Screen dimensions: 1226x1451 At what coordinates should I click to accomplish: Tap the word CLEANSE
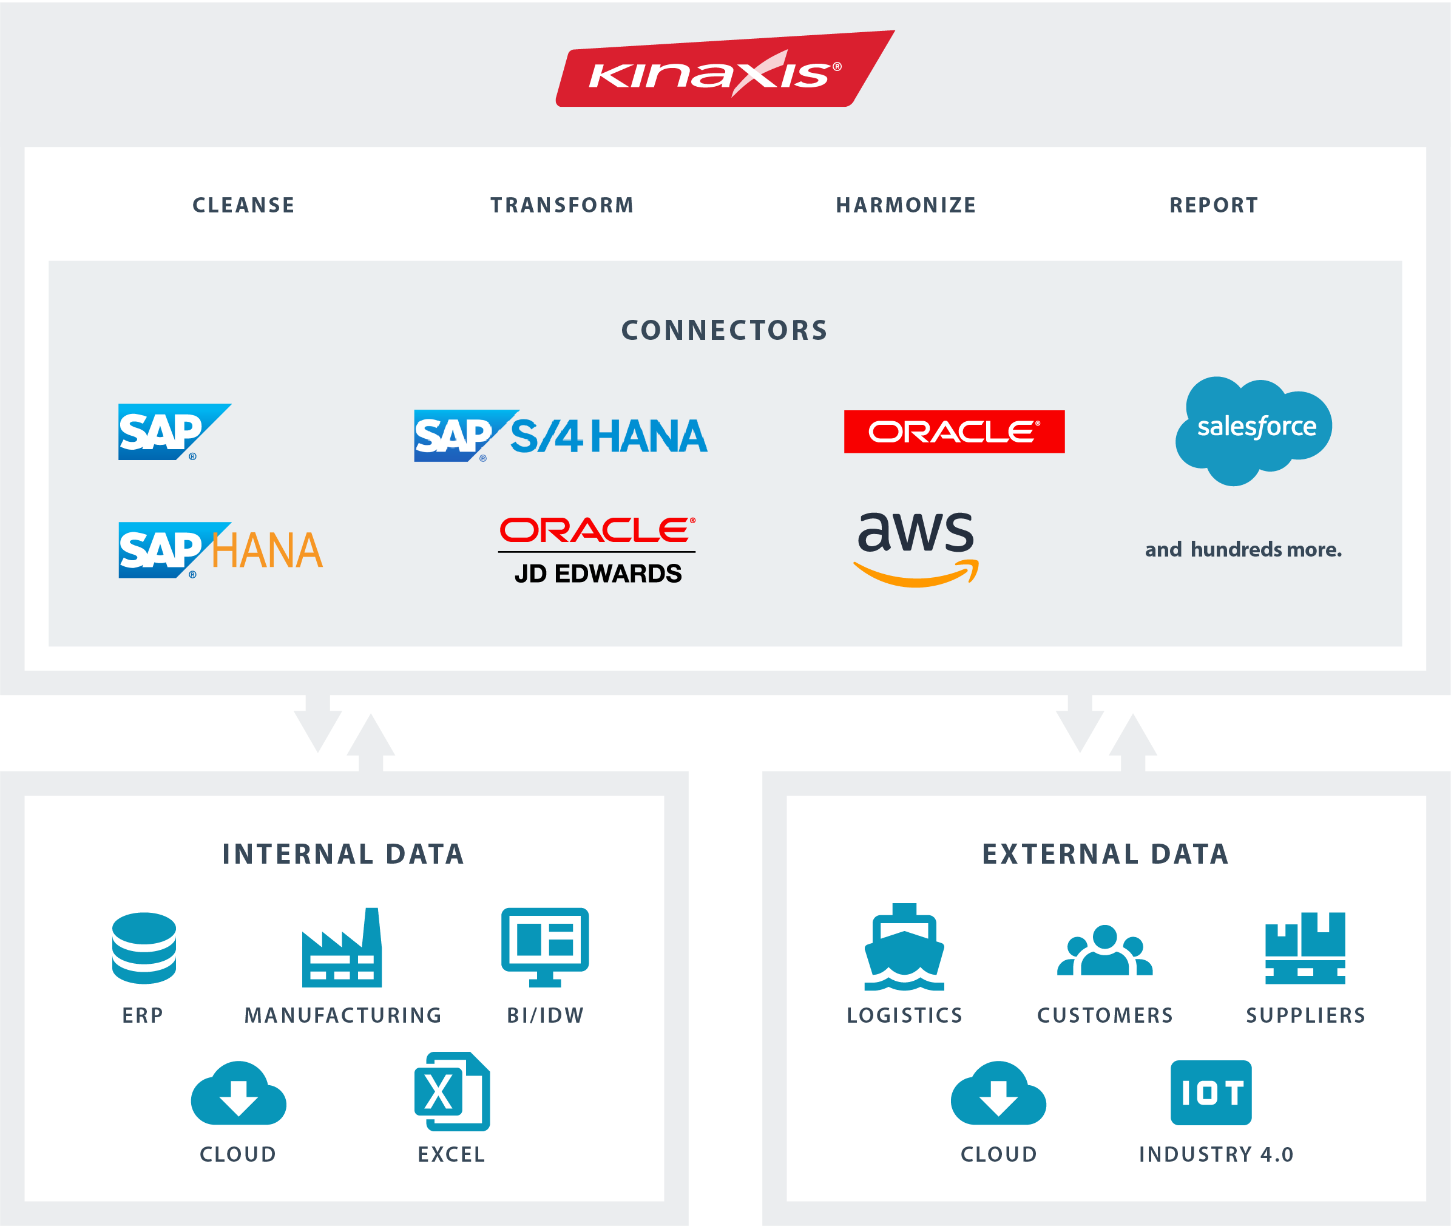pyautogui.click(x=243, y=205)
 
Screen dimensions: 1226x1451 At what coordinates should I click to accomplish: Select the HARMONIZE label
pyautogui.click(x=905, y=205)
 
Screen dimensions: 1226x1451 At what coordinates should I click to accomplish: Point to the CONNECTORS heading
pyautogui.click(x=724, y=330)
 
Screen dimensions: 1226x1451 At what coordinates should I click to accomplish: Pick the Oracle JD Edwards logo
pyautogui.click(x=597, y=550)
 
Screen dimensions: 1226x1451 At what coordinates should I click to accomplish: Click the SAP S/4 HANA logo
pyautogui.click(x=560, y=436)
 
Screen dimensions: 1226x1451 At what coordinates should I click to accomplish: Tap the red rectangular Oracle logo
pyautogui.click(x=953, y=432)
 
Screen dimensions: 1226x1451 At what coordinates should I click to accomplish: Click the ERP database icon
pyautogui.click(x=144, y=948)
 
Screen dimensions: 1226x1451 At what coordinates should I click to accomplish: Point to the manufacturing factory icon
pyautogui.click(x=342, y=948)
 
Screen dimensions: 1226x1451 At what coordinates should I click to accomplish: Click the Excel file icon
pyautogui.click(x=452, y=1092)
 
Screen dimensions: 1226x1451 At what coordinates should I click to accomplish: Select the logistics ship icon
pyautogui.click(x=904, y=947)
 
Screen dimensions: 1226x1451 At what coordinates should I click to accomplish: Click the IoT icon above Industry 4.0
pyautogui.click(x=1211, y=1092)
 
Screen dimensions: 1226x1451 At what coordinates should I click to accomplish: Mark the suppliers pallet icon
pyautogui.click(x=1304, y=948)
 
